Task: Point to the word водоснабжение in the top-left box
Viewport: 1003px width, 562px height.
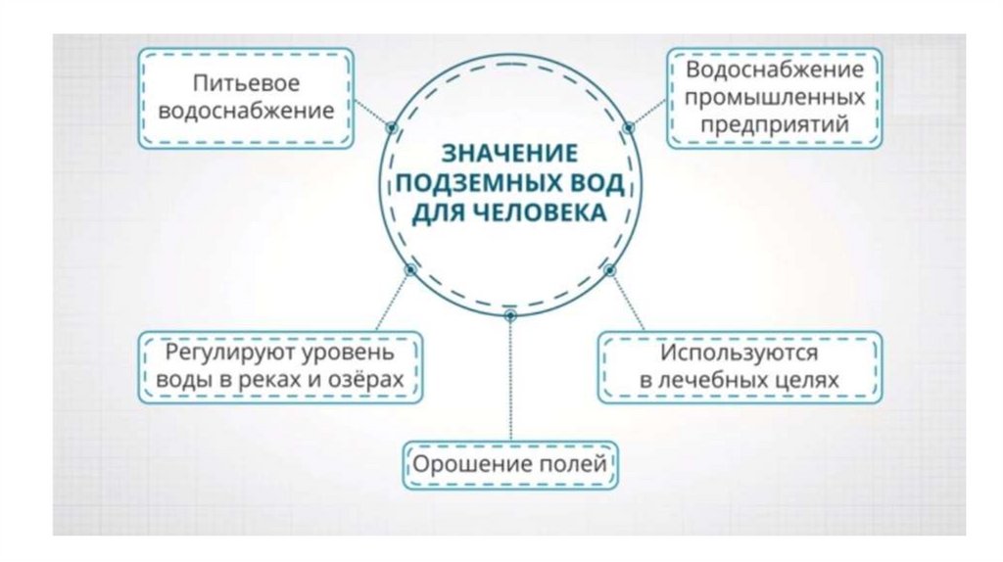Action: click(245, 111)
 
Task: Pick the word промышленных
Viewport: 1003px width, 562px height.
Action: click(774, 98)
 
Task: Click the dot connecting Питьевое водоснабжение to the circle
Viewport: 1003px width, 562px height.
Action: click(391, 126)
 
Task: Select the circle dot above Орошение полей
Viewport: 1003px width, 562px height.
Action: click(509, 315)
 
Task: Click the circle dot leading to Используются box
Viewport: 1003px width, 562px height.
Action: click(609, 269)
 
